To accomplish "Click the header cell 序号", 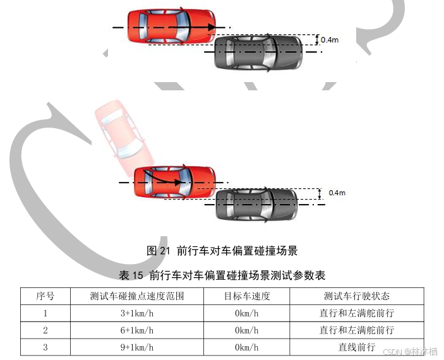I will click(x=45, y=296).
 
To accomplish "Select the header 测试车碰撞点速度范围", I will click(x=137, y=296).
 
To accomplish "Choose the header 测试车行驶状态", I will click(x=357, y=296).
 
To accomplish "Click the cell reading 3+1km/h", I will click(x=137, y=313).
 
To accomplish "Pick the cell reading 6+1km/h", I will click(x=137, y=330).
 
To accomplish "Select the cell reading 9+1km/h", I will click(x=137, y=347).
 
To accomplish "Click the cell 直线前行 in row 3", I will click(x=357, y=347).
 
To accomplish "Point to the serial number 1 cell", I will click(x=45, y=313).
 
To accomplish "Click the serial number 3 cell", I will click(x=45, y=347).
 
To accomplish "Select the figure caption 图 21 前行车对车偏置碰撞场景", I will click(x=222, y=251).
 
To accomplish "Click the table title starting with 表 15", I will click(x=222, y=275).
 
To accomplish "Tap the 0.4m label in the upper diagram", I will click(x=330, y=40).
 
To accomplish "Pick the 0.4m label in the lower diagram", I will click(x=337, y=192).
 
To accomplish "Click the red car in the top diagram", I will click(x=171, y=27).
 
